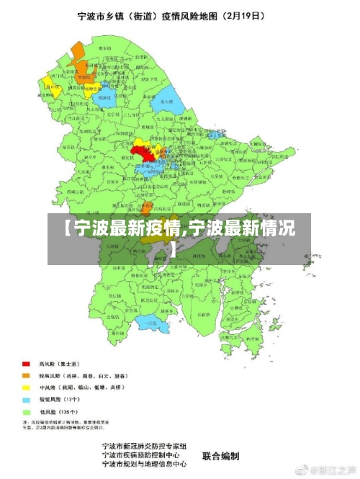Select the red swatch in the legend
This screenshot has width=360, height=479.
click(x=26, y=364)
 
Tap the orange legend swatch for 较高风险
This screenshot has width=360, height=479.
click(x=26, y=375)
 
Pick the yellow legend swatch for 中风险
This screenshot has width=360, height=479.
click(x=26, y=388)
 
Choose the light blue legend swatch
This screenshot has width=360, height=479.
click(x=26, y=399)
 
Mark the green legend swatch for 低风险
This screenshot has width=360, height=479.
click(x=26, y=411)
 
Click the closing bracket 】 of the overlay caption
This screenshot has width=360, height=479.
click(x=174, y=249)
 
